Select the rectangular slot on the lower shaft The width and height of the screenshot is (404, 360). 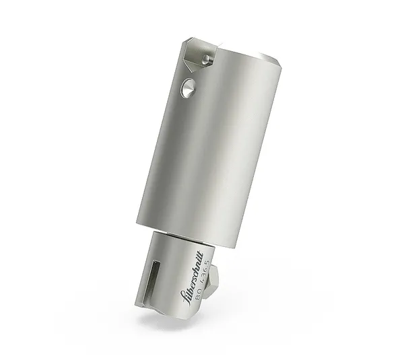click(154, 275)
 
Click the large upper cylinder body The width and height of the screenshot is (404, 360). click(215, 148)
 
